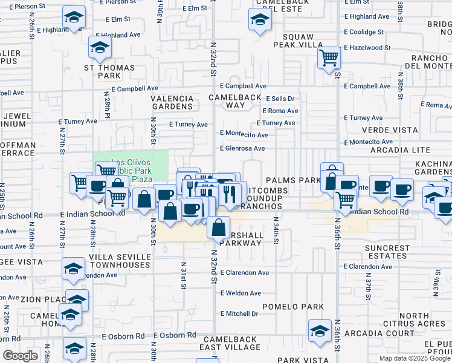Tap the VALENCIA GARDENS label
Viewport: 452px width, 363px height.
[172, 102]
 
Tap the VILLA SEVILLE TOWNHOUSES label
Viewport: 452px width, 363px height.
[119, 261]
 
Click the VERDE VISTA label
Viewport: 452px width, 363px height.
[390, 130]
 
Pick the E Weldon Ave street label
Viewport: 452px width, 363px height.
[241, 293]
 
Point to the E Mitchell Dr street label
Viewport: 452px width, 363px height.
[239, 313]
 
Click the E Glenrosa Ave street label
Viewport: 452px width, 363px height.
[242, 148]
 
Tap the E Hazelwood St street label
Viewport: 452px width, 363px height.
[367, 47]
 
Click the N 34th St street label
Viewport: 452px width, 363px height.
[275, 231]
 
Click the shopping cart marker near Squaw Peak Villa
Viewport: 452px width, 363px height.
[329, 58]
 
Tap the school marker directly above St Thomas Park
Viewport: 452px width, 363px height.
[100, 47]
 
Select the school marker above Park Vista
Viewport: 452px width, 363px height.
[320, 330]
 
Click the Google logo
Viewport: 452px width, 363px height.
[21, 356]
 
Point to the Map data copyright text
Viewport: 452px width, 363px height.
[415, 358]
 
